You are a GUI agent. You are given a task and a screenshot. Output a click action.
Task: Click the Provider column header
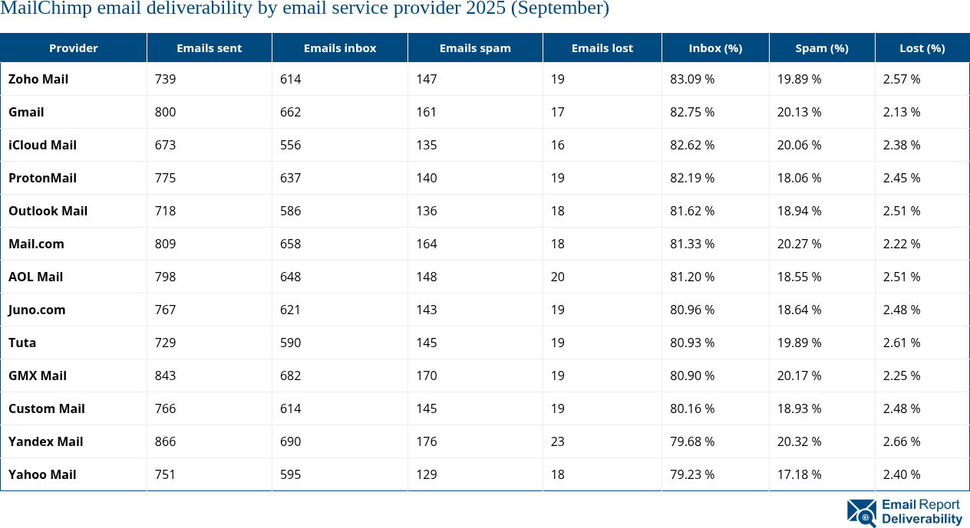click(74, 48)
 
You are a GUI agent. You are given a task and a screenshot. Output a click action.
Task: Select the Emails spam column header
click(475, 48)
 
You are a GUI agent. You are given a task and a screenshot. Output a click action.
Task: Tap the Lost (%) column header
click(922, 48)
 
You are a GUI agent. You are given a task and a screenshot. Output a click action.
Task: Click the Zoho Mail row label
click(38, 79)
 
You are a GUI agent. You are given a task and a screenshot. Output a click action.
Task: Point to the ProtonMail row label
click(42, 178)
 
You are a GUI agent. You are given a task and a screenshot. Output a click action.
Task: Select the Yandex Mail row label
click(45, 441)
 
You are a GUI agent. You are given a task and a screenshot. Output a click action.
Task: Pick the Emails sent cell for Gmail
click(165, 112)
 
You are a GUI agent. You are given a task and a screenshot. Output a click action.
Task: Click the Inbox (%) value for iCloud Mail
click(692, 145)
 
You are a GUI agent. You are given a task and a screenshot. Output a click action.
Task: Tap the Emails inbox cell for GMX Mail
click(291, 376)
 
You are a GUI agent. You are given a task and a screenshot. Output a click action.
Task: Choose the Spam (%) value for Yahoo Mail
click(799, 474)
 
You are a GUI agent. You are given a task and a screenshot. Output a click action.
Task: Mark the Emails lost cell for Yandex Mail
click(557, 441)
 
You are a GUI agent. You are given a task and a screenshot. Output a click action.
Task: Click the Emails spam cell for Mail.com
click(427, 244)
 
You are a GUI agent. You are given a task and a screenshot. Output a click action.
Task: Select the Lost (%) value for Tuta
click(902, 343)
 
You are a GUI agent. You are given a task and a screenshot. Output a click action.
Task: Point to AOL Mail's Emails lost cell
click(557, 277)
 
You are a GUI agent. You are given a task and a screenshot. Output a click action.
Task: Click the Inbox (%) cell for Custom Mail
click(692, 408)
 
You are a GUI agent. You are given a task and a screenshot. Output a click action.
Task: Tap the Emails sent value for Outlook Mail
click(165, 211)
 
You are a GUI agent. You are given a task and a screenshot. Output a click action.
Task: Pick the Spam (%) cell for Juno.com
click(799, 310)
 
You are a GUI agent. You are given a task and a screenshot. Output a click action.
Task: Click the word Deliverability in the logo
click(922, 520)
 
